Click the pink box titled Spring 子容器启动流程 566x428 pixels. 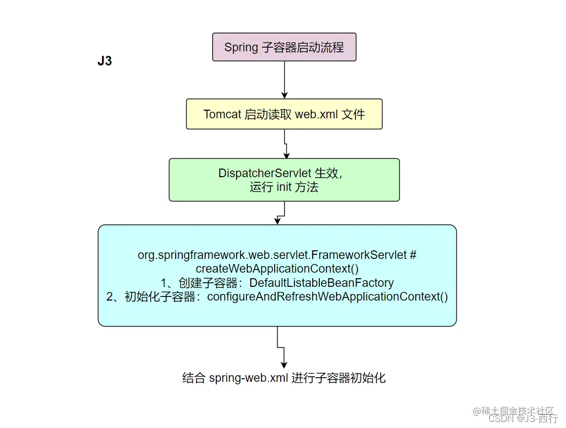[x=284, y=47]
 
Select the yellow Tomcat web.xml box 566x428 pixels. [x=284, y=114]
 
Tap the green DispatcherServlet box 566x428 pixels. [x=284, y=180]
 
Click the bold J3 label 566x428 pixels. [x=105, y=62]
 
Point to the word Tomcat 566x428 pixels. [x=222, y=114]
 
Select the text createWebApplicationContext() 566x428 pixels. [x=277, y=269]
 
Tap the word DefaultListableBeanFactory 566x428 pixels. [x=321, y=283]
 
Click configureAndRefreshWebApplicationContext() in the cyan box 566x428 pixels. [x=327, y=297]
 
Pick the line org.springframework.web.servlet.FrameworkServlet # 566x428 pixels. [x=277, y=255]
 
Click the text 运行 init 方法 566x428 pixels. [x=284, y=187]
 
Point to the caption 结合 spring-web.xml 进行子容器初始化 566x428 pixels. [x=284, y=378]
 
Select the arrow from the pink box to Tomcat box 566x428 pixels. [x=284, y=80]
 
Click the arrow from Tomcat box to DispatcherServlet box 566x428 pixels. [x=285, y=144]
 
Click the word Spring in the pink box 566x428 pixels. [x=242, y=48]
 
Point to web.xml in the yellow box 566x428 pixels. [x=316, y=114]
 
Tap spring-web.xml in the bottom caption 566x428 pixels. [x=248, y=378]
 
